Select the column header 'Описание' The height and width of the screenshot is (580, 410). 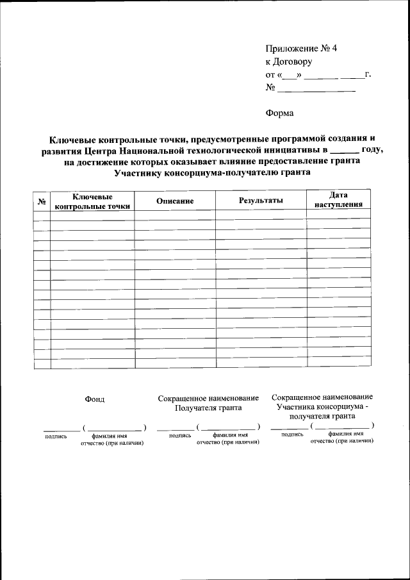[x=174, y=201]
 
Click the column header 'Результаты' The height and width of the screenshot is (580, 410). [x=261, y=201]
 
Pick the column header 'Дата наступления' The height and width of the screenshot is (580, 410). [x=338, y=200]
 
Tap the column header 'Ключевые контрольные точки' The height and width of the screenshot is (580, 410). [x=92, y=201]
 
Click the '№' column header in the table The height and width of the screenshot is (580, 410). [x=42, y=202]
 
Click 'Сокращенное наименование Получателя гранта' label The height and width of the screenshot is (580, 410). [x=208, y=402]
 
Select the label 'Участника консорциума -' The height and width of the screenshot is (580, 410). [x=322, y=406]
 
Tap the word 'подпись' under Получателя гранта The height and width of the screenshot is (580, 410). [x=180, y=435]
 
